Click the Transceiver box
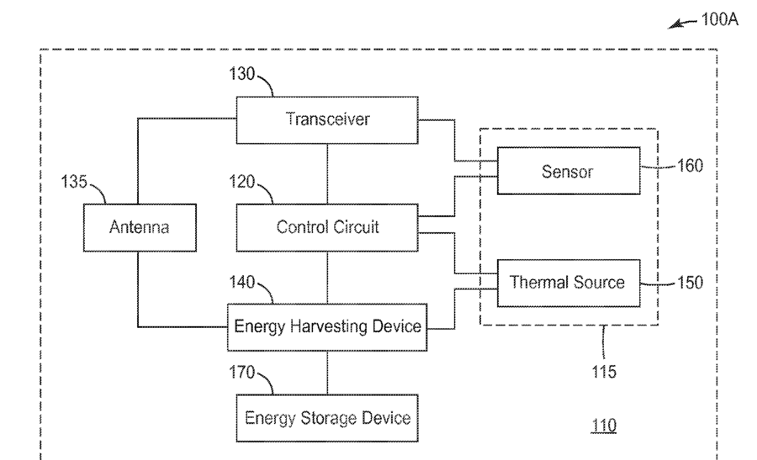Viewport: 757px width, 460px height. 327,119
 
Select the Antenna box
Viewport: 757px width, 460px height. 140,227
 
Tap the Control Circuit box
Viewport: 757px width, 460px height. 327,227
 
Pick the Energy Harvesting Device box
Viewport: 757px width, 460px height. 327,327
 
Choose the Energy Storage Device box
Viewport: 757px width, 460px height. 327,418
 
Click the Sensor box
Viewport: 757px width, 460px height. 569,171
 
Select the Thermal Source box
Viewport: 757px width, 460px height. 569,283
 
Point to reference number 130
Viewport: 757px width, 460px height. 241,74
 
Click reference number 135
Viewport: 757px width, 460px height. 74,182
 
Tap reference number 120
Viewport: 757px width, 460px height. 241,182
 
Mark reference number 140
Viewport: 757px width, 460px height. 241,282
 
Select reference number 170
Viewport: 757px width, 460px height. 241,373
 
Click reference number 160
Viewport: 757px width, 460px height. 690,166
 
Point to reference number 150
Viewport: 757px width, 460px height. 690,283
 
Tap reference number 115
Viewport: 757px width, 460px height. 604,372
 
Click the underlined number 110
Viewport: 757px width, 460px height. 603,426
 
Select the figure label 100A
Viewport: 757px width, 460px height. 719,19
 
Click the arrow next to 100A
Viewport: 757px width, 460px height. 682,24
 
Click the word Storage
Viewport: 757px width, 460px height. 328,418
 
